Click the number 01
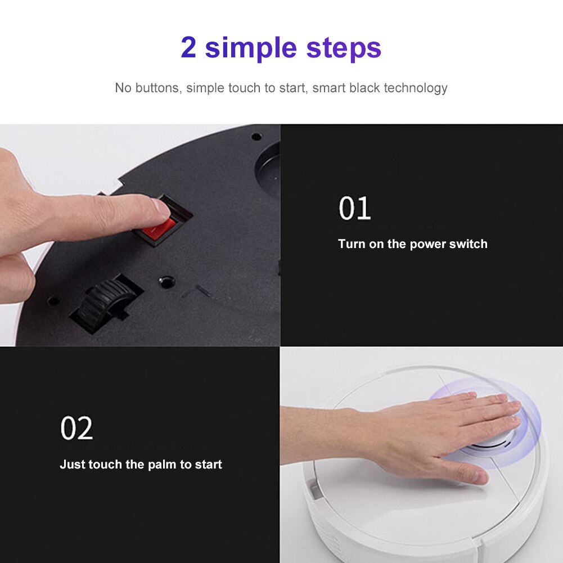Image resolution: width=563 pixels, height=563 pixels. pyautogui.click(x=354, y=209)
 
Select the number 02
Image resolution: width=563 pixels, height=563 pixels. pyautogui.click(x=76, y=429)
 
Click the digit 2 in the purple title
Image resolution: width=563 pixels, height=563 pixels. pyautogui.click(x=188, y=48)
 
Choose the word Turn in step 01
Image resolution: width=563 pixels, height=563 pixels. pyautogui.click(x=352, y=244)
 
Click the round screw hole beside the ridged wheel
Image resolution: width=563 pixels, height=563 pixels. pyautogui.click(x=165, y=280)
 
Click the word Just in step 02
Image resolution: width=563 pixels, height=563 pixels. pyautogui.click(x=72, y=465)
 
